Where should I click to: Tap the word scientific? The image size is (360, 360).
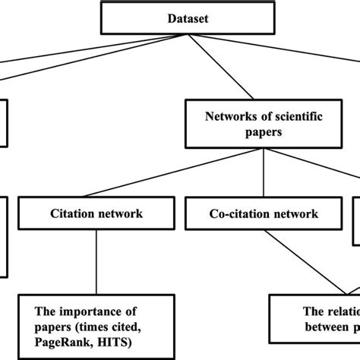point(304,117)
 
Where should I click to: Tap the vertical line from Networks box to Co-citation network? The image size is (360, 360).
point(263,172)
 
